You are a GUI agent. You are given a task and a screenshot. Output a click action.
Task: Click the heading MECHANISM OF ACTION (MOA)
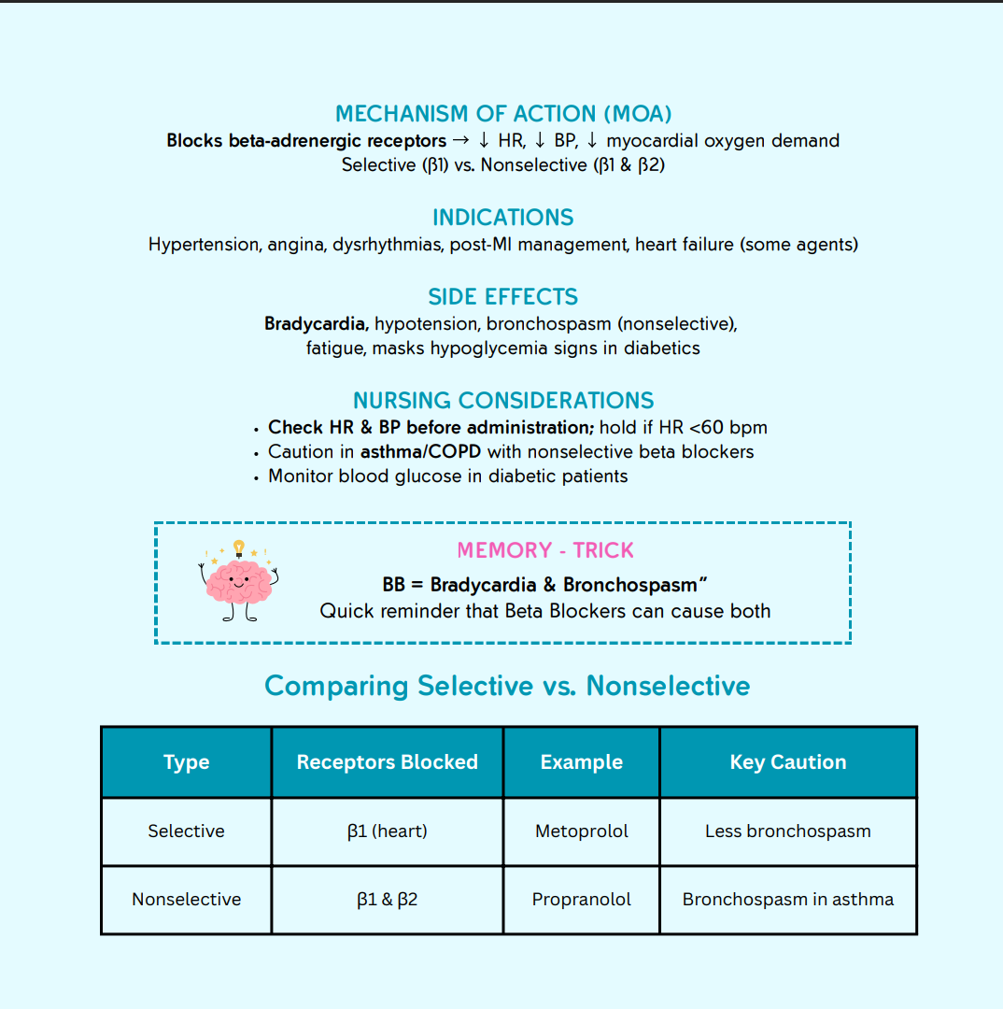coord(503,114)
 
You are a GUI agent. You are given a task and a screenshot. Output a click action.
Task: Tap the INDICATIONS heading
coord(503,218)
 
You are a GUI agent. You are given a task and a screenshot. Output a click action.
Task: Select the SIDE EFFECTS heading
coord(503,297)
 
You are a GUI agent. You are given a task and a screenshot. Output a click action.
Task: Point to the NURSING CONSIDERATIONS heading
coord(503,401)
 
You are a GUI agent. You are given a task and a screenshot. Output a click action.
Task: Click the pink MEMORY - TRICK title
coord(545,550)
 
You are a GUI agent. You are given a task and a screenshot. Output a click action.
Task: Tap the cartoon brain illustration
coord(239,584)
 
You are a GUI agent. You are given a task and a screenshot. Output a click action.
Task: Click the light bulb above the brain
coord(239,547)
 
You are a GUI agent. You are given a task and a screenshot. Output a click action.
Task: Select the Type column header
coord(186,762)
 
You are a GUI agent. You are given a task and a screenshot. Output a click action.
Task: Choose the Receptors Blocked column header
coord(387,762)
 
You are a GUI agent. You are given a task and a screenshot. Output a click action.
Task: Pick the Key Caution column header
coord(788,762)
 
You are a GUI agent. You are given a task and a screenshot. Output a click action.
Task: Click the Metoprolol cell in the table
coord(582,831)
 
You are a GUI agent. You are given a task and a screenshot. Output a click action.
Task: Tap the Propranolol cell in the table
coord(582,900)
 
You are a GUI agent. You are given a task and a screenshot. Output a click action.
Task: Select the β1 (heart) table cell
coord(387,831)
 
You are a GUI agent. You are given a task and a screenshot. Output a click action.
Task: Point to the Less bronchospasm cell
coord(788,831)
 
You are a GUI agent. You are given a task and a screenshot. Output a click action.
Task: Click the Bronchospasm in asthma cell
coord(788,900)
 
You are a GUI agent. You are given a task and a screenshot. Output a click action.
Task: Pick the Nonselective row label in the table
coord(186,900)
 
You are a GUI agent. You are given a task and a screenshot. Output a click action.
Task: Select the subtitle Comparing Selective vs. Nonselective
coord(507,686)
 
